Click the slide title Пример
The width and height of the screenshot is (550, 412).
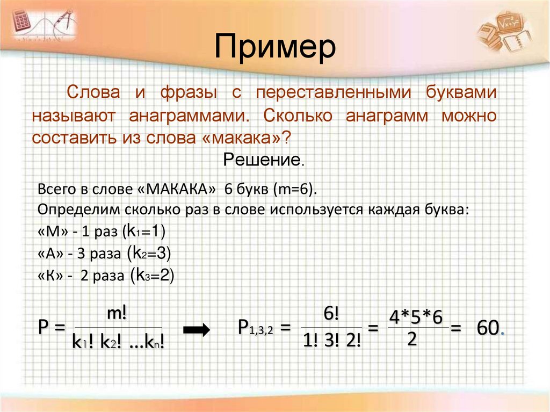coord(275,47)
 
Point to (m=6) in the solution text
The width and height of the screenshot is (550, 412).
coord(296,190)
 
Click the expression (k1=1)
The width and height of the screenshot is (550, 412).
coord(144,232)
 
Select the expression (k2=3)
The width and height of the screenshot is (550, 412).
coord(151,253)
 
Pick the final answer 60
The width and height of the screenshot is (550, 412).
coord(489,329)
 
